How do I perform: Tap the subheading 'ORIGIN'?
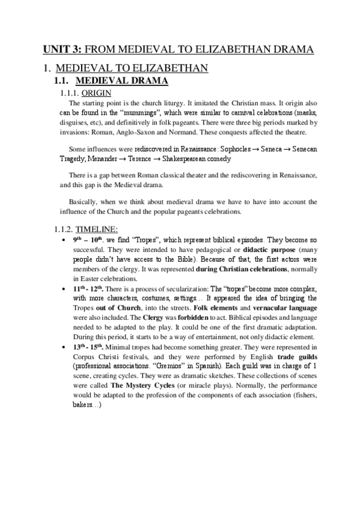pyautogui.click(x=95, y=93)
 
